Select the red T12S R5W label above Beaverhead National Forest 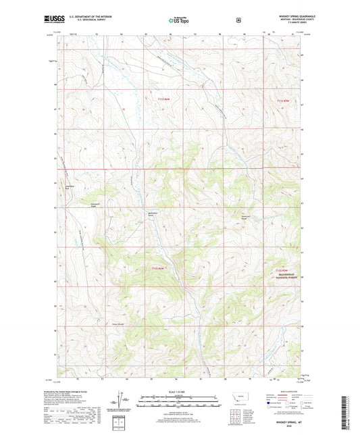[x=279, y=269]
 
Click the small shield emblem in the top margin [x=238, y=20]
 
